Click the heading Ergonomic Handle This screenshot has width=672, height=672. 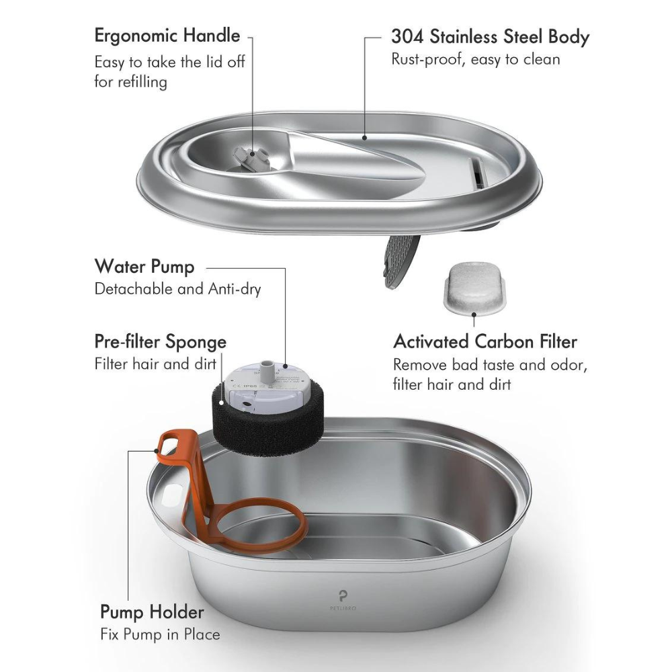(x=167, y=35)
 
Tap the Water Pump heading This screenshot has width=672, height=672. (x=144, y=267)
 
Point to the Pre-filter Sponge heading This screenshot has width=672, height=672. (x=160, y=342)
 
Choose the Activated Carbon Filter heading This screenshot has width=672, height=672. (x=485, y=341)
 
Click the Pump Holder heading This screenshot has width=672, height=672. (x=152, y=612)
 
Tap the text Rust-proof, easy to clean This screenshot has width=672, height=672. (x=475, y=60)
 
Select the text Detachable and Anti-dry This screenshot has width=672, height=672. (x=177, y=290)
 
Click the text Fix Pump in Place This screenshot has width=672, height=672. (x=160, y=634)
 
